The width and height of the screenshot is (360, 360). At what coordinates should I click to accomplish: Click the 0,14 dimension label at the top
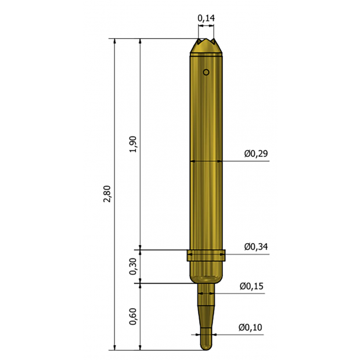pos(206,18)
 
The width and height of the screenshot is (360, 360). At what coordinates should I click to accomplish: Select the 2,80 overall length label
pos(107,194)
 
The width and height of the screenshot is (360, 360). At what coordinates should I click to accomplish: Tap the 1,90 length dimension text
pos(133,144)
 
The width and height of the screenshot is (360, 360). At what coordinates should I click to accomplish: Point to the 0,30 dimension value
pos(133,267)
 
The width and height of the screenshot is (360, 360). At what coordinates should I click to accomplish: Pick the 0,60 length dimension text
pos(133,316)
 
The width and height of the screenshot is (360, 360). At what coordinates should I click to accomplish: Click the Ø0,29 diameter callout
pos(256,154)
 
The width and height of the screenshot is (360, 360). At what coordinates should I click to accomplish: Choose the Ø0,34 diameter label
pos(256,247)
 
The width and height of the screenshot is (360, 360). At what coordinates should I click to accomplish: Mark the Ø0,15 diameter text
pos(251,286)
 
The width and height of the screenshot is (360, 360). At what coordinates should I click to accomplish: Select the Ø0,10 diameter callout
pos(250,327)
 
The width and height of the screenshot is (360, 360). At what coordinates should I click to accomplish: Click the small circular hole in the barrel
pos(206,73)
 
